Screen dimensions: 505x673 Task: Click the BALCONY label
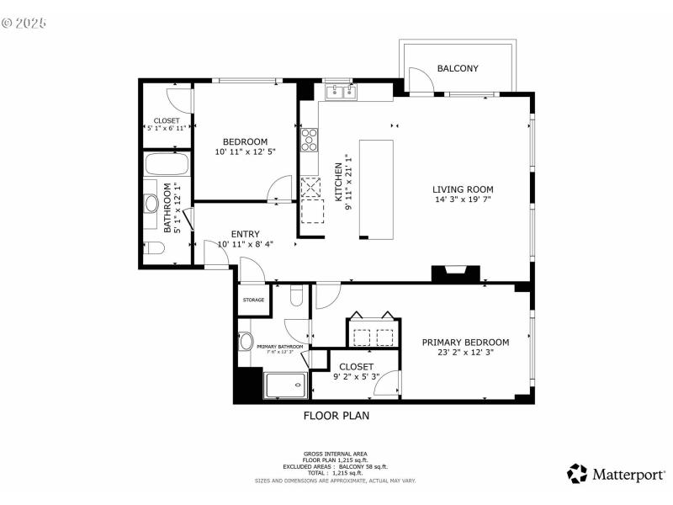(x=458, y=68)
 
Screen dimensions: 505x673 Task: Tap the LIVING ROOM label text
(x=463, y=189)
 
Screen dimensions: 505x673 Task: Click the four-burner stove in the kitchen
(x=309, y=138)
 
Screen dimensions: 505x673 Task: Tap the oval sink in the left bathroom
(x=151, y=203)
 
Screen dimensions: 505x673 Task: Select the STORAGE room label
(x=253, y=300)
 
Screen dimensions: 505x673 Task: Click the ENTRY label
(x=245, y=234)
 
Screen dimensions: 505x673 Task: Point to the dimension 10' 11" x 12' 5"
(x=245, y=151)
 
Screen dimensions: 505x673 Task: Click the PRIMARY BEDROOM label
(x=465, y=342)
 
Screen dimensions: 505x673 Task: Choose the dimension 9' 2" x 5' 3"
(x=356, y=377)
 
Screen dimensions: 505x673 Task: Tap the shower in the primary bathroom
(x=287, y=385)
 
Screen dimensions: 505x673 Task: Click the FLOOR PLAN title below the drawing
(x=336, y=415)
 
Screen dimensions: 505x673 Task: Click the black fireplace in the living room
(x=455, y=274)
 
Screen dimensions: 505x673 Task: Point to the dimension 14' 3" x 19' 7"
(x=463, y=200)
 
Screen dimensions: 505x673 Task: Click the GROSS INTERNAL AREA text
(x=336, y=454)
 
